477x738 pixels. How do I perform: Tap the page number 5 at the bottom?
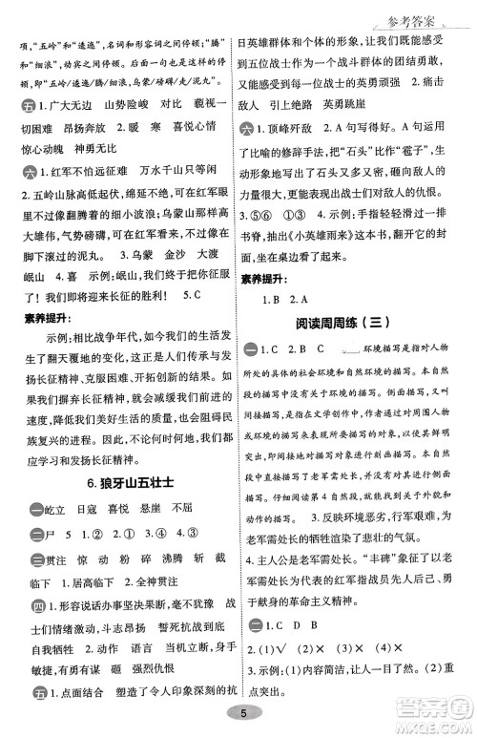point(246,713)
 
